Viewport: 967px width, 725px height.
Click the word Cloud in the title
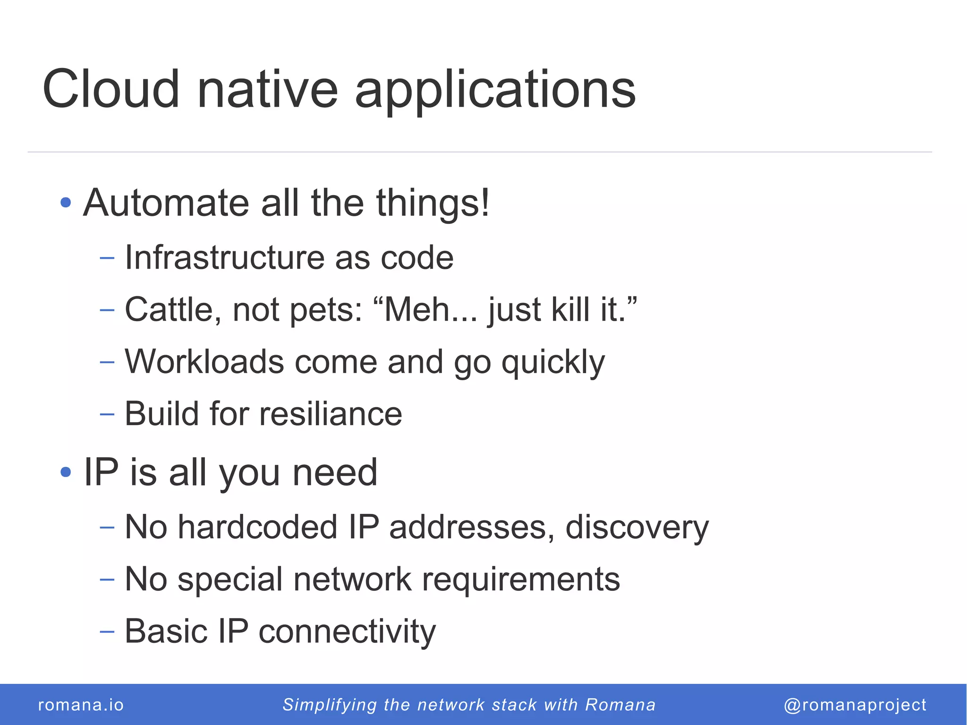click(x=111, y=89)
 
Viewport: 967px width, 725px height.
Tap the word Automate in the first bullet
click(x=166, y=203)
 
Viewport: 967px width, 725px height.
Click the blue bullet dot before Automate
click(x=66, y=203)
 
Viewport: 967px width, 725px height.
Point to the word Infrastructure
click(x=224, y=258)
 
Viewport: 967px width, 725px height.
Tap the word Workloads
click(x=204, y=362)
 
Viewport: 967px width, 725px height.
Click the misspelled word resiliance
click(x=331, y=414)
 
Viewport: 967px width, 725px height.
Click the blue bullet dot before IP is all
click(x=66, y=471)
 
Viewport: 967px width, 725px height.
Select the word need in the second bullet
click(x=335, y=472)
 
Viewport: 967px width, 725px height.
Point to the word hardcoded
click(x=257, y=527)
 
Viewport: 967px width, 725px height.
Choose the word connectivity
click(x=347, y=631)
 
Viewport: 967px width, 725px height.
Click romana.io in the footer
click(x=81, y=705)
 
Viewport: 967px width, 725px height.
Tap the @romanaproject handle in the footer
click(x=855, y=705)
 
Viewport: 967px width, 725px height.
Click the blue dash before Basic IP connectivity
click(x=107, y=631)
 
